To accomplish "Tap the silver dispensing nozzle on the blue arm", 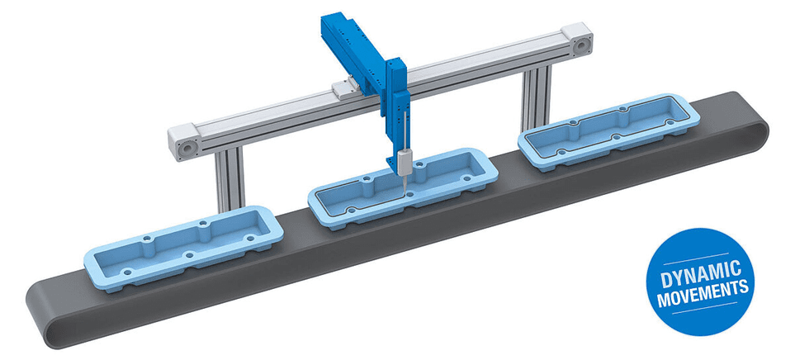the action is tap(404, 163).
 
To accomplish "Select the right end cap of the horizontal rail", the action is tap(578, 40).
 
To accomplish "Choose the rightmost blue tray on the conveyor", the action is tap(609, 130).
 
